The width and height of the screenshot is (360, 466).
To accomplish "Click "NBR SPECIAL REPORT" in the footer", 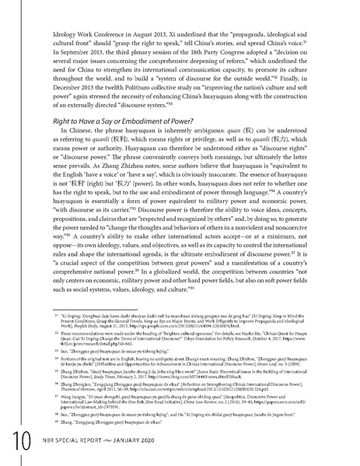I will tap(75, 444).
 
